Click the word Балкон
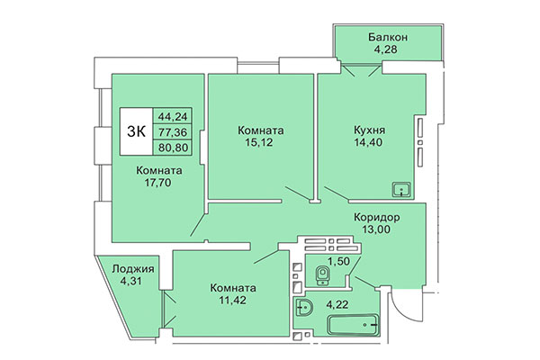pyautogui.click(x=389, y=37)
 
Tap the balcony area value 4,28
pyautogui.click(x=389, y=50)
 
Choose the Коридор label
pyautogui.click(x=376, y=217)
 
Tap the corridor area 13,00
pyautogui.click(x=376, y=230)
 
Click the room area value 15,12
pyautogui.click(x=262, y=140)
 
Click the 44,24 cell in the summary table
pyautogui.click(x=172, y=116)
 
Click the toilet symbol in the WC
pyautogui.click(x=320, y=274)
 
